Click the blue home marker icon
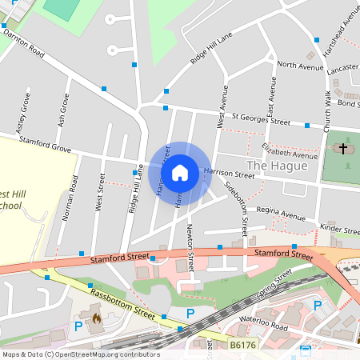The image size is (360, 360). [180, 173]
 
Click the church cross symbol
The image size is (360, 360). [344, 149]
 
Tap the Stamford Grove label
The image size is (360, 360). [45, 147]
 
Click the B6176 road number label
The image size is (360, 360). [243, 345]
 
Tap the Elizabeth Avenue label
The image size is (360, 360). [290, 150]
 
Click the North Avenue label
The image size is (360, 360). [299, 66]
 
